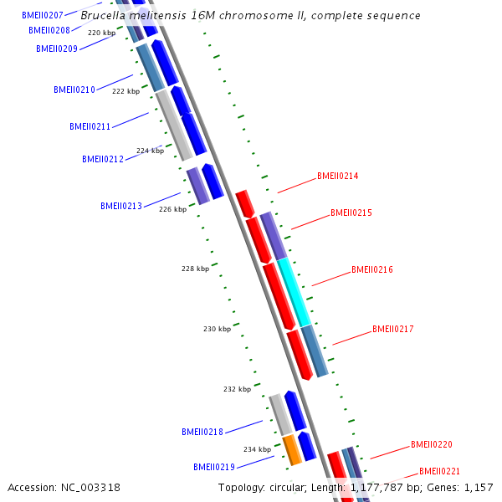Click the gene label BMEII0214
click(x=337, y=177)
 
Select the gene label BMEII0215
click(x=351, y=213)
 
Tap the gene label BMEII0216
click(x=371, y=270)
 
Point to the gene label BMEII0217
click(x=392, y=330)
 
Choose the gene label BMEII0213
click(x=120, y=206)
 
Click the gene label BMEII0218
click(x=202, y=432)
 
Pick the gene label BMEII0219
click(x=213, y=467)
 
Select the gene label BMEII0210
click(x=74, y=90)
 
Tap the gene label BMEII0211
click(x=90, y=127)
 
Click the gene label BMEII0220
click(x=431, y=445)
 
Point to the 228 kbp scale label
click(x=195, y=269)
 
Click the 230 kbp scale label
click(x=217, y=329)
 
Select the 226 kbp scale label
click(x=172, y=209)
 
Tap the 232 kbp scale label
click(x=237, y=389)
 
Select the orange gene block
click(x=292, y=450)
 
